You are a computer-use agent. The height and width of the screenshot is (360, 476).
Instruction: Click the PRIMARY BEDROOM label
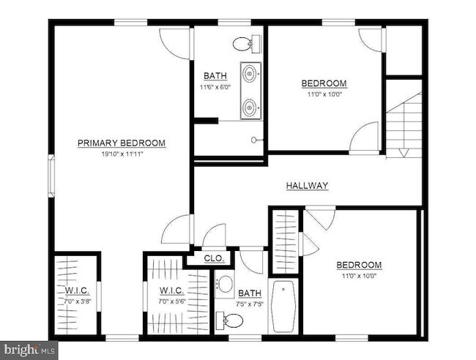tap(122, 143)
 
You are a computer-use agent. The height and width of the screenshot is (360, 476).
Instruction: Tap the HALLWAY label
tap(307, 186)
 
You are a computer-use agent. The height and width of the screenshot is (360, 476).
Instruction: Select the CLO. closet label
tap(214, 258)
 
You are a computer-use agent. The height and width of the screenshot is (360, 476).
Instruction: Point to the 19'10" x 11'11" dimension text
tap(122, 154)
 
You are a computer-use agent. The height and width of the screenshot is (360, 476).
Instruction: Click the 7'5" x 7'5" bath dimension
tap(249, 304)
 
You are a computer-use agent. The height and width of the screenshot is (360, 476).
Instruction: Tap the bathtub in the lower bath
tap(283, 307)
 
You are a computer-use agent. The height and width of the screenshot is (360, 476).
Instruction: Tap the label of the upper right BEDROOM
tap(324, 83)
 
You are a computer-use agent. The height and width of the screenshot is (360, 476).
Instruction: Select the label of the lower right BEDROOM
tap(359, 265)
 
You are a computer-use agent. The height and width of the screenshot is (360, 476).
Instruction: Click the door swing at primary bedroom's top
tap(176, 45)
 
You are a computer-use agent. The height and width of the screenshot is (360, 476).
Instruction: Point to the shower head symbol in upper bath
tap(254, 139)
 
